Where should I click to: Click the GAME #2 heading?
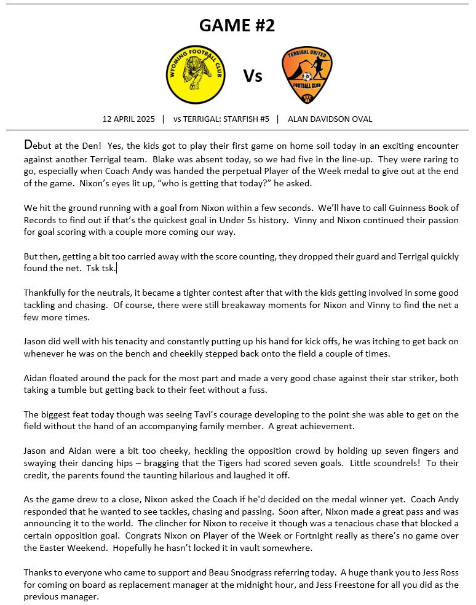237,26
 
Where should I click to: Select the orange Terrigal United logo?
307,76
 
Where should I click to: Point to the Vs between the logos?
253,76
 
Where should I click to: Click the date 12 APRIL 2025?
128,119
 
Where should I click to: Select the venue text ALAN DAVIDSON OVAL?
330,119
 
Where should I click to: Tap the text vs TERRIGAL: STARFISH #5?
221,119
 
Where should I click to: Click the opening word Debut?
38,146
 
